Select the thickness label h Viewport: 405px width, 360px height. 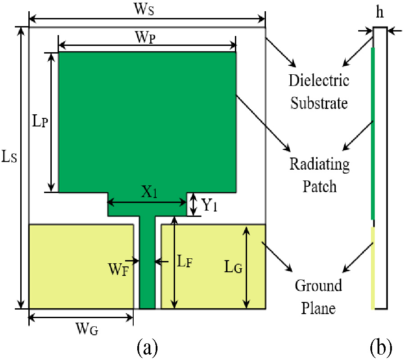coord(380,13)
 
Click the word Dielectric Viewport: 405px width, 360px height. coord(319,81)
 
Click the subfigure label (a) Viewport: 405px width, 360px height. coord(147,347)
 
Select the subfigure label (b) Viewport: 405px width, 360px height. coord(381,347)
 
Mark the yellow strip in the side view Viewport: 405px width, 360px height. coord(373,268)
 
